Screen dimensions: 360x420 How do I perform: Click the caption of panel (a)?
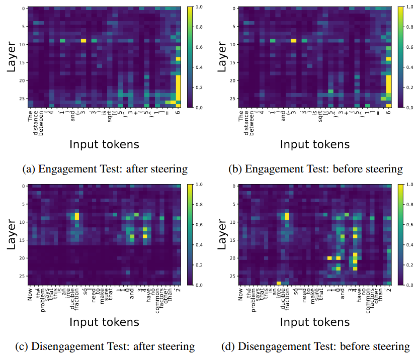[105, 169]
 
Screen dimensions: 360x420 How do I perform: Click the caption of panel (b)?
[316, 169]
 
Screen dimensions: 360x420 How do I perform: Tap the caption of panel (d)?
[316, 346]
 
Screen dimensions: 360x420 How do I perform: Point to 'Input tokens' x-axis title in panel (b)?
[315, 145]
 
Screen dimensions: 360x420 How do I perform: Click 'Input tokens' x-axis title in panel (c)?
[105, 322]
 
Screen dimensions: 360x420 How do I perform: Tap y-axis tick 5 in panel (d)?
[233, 204]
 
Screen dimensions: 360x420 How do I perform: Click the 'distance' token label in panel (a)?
[37, 123]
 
